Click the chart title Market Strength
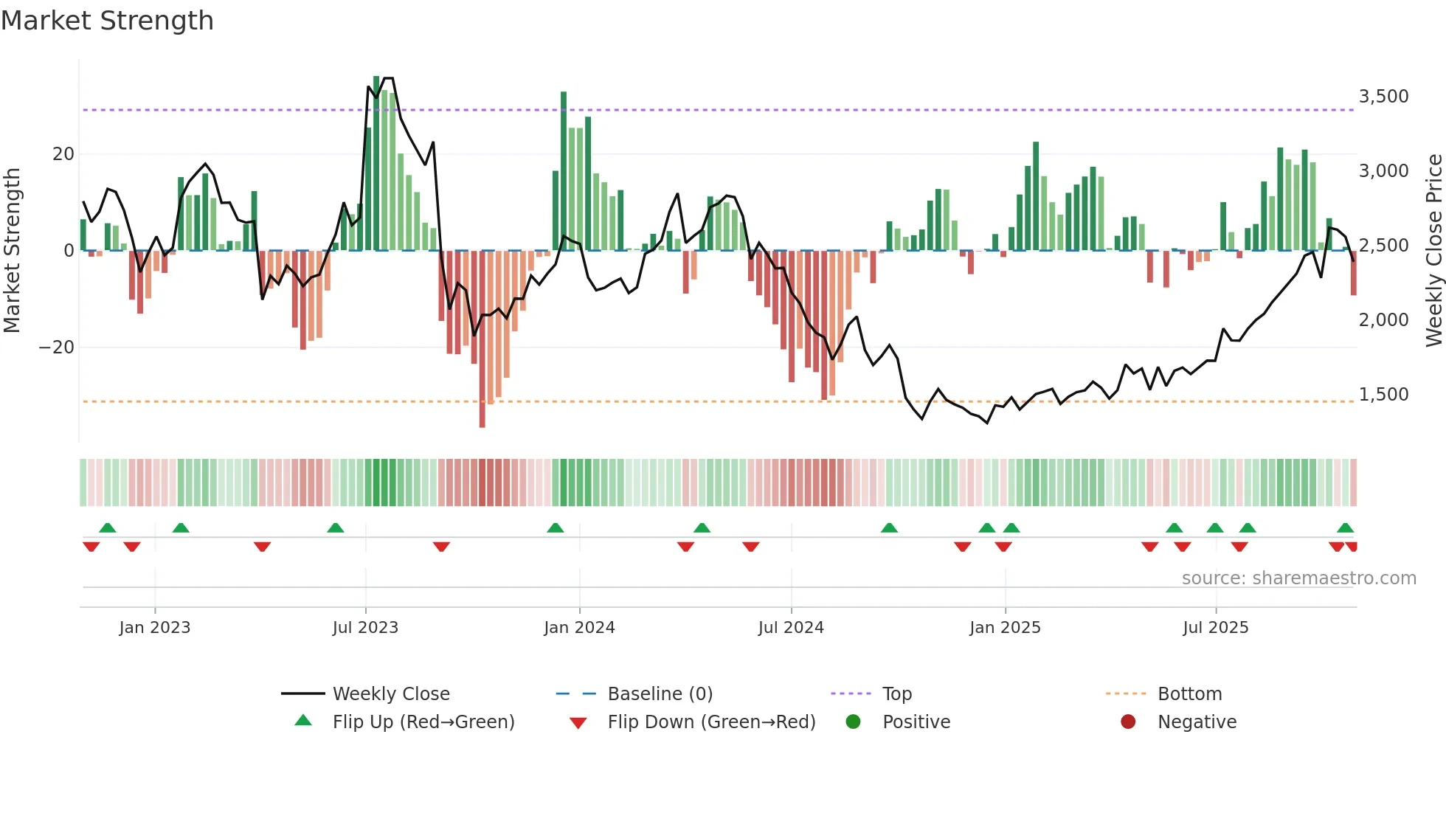pyautogui.click(x=107, y=21)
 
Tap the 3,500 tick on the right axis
pyautogui.click(x=1383, y=97)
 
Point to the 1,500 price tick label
pyautogui.click(x=1383, y=395)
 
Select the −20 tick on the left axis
pyautogui.click(x=56, y=347)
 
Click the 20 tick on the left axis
pyautogui.click(x=63, y=154)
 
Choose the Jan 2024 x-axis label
pyautogui.click(x=579, y=628)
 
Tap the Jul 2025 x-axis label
pyautogui.click(x=1215, y=628)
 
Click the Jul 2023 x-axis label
pyautogui.click(x=365, y=628)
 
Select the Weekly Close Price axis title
pyautogui.click(x=1433, y=250)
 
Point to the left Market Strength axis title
pyautogui.click(x=12, y=250)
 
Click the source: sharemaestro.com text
pyautogui.click(x=1298, y=578)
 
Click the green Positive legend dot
pyautogui.click(x=853, y=722)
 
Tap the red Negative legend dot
pyautogui.click(x=1128, y=722)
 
